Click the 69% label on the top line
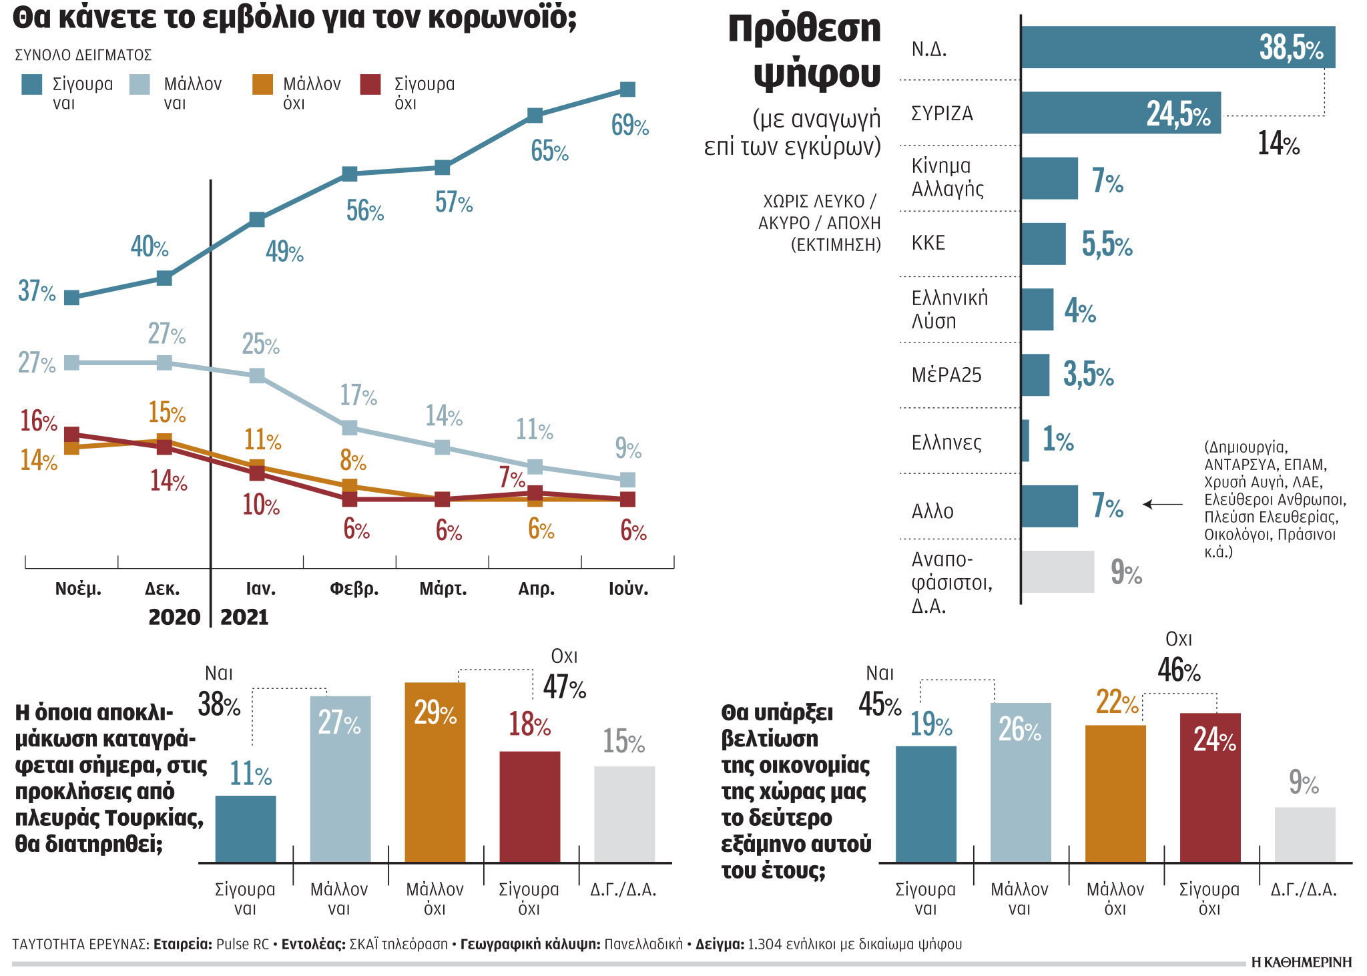coord(629,126)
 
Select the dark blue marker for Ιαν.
coord(257,220)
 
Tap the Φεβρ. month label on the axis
coord(354,589)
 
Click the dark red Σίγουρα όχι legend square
coord(370,85)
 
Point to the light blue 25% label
coord(260,344)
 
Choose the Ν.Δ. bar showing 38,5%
coord(1177,47)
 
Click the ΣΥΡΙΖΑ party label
coord(942,113)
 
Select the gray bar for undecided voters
coord(1057,571)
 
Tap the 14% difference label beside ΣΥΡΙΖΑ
coord(1278,144)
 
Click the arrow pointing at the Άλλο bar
coord(1163,504)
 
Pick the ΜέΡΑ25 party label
coord(946,375)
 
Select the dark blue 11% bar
coord(246,828)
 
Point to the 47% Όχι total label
coord(564,687)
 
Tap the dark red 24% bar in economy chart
coord(1209,788)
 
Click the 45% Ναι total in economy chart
coord(879,704)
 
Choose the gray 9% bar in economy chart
coord(1304,834)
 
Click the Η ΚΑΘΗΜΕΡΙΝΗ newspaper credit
coord(1301,962)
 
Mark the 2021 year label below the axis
coord(244,617)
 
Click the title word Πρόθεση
coord(804,29)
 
